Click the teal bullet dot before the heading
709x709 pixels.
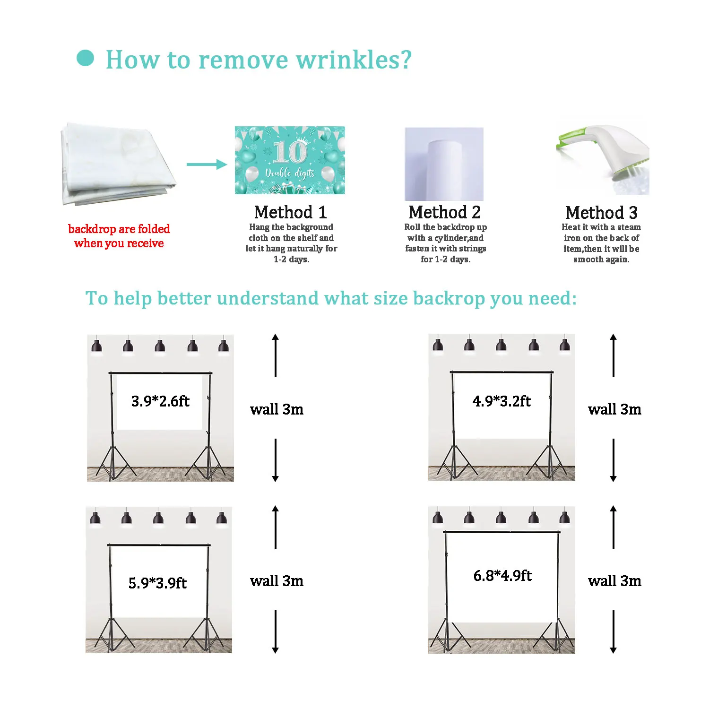point(85,59)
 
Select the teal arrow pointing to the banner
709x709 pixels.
point(207,164)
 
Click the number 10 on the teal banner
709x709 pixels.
point(290,152)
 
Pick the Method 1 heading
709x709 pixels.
point(290,212)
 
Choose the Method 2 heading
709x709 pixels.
point(444,212)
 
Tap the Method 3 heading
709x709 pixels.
point(601,213)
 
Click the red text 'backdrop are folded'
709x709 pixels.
point(119,229)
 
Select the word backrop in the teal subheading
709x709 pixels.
point(449,299)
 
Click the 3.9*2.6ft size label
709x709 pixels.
point(160,401)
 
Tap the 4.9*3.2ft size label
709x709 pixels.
point(501,401)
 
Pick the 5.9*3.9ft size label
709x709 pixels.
point(157,583)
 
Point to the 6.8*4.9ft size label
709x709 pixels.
point(502,576)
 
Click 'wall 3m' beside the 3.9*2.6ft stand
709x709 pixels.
point(277,409)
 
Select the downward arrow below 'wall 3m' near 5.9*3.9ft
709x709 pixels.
point(276,632)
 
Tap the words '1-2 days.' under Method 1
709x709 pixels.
point(291,259)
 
